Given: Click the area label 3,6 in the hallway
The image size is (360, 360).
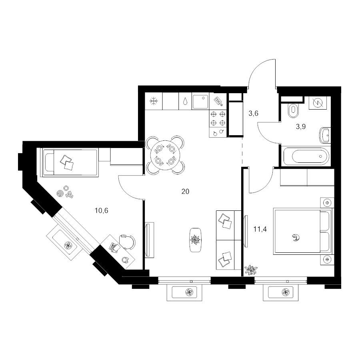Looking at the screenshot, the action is point(254,114).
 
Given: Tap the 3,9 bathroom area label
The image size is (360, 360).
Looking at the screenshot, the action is point(301,126).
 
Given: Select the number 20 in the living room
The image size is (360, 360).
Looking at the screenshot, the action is point(185,191).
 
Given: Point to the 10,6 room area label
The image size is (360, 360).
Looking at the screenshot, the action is point(101,210).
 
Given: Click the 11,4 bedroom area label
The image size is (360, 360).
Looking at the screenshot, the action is point(260,229).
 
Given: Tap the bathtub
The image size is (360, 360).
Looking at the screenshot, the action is point(306,156).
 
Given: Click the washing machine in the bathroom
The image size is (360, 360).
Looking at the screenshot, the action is point(318,103).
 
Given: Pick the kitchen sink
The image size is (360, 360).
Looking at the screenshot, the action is point(201,101).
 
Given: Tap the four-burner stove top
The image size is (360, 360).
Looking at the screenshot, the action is point(218,118).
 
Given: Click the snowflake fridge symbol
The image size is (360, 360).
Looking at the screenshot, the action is point(154,101).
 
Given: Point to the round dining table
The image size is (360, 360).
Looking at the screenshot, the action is point(165,155).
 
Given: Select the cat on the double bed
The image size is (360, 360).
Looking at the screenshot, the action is point(296,237).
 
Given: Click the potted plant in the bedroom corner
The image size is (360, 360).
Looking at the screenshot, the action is point(251,270).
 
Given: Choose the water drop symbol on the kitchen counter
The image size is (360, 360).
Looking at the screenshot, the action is point(185,101).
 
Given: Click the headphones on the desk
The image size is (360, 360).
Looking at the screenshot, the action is point(125,260).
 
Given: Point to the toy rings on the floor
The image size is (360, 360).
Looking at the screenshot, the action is point(60,193).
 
